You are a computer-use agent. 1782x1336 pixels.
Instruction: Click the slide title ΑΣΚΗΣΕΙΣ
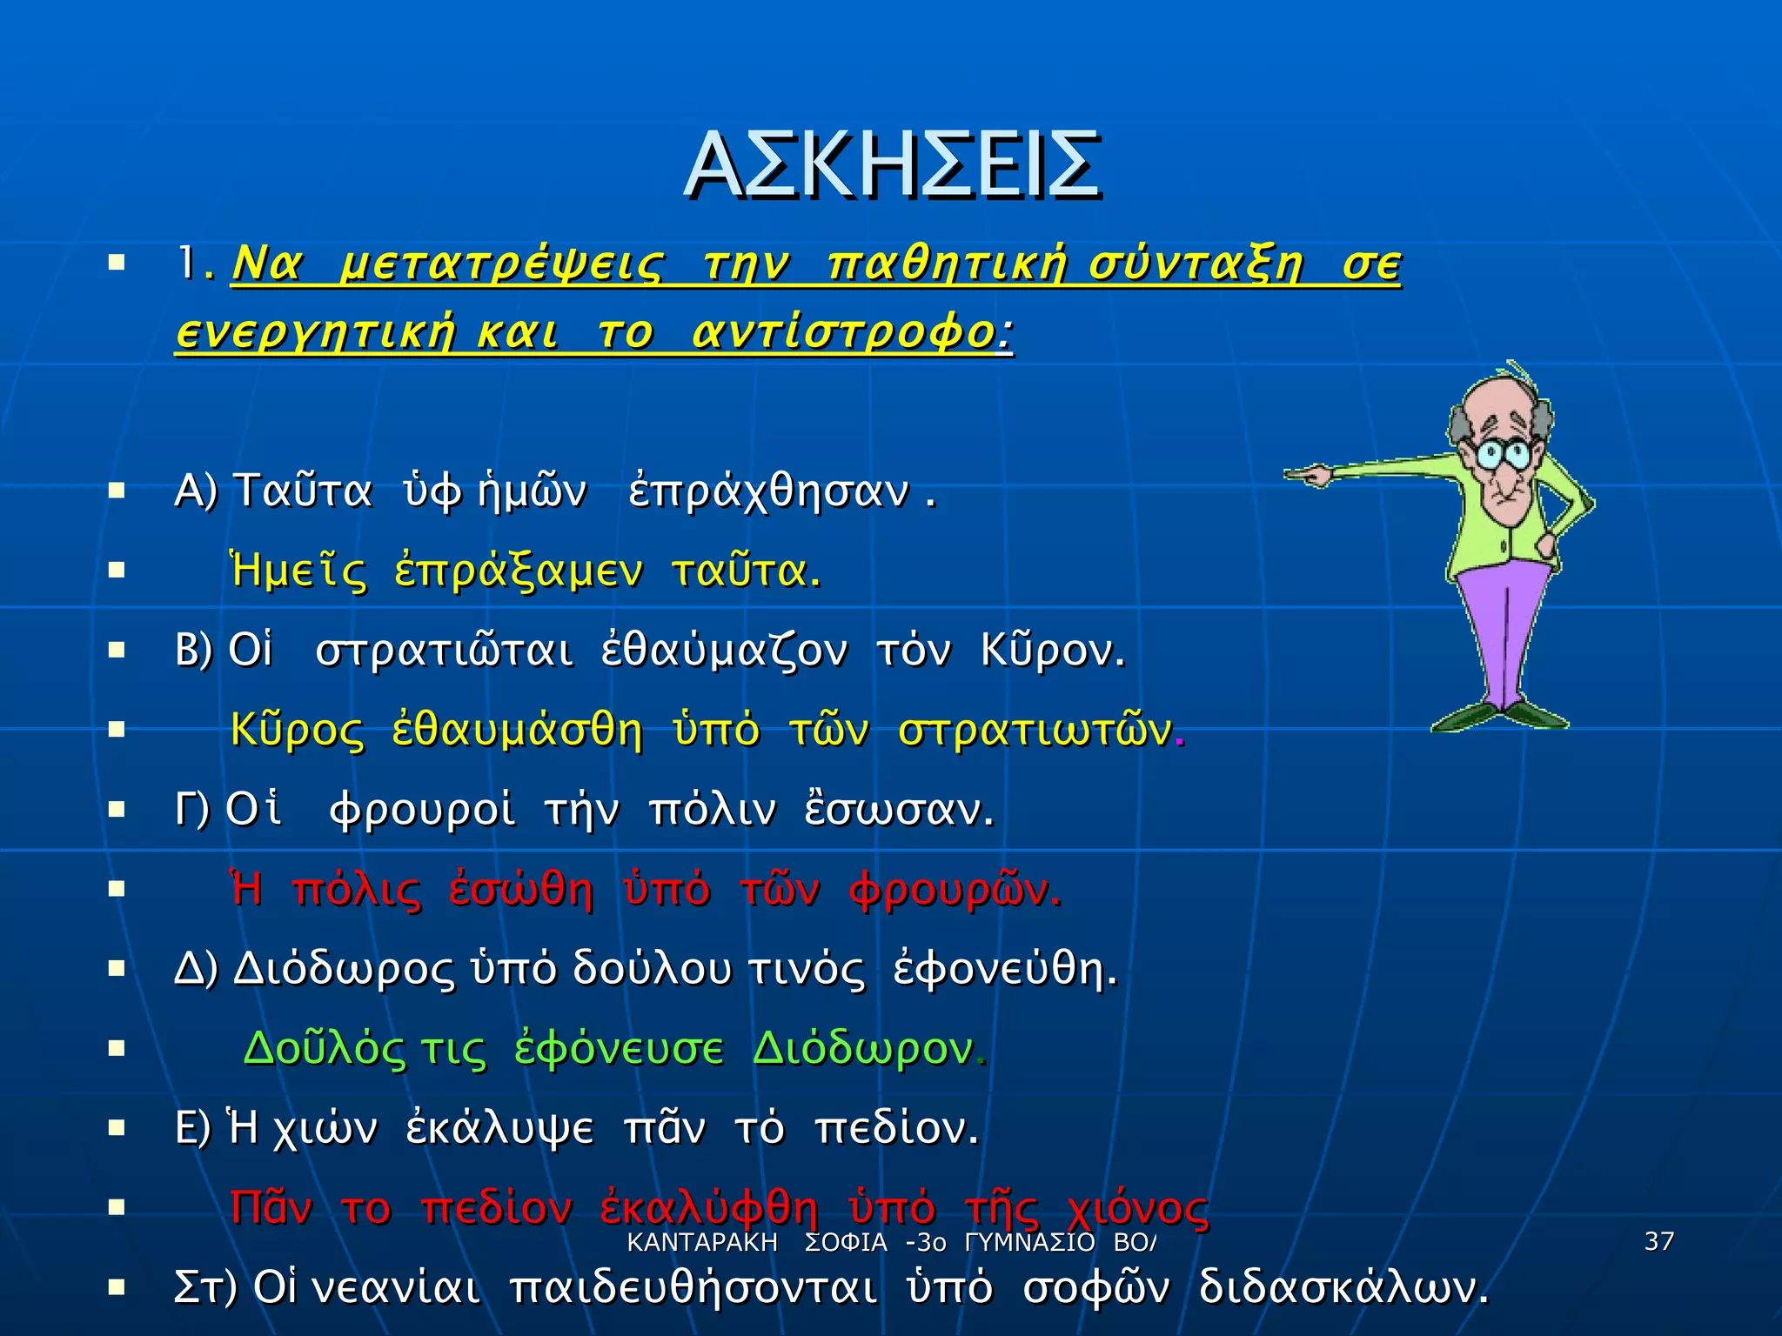click(893, 165)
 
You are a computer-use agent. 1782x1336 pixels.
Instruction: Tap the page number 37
click(1659, 1241)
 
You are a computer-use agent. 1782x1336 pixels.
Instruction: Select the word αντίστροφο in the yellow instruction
click(843, 333)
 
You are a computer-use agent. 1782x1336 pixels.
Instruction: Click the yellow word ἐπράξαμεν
click(519, 571)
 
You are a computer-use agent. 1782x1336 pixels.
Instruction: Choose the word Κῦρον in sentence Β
click(1052, 651)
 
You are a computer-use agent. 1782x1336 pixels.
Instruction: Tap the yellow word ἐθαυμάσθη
click(517, 731)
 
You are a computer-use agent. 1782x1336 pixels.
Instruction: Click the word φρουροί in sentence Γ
click(422, 810)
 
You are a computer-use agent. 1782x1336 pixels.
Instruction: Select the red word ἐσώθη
click(521, 890)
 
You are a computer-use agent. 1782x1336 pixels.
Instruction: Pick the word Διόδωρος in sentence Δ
click(345, 969)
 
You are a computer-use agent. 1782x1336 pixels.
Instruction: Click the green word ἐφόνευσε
click(619, 1049)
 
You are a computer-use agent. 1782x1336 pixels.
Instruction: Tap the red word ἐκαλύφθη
click(709, 1208)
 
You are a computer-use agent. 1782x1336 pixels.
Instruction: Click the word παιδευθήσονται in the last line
click(693, 1288)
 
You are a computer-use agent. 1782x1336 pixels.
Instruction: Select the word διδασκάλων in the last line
click(1343, 1288)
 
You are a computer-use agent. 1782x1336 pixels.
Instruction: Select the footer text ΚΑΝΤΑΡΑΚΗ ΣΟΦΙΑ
click(756, 1242)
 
